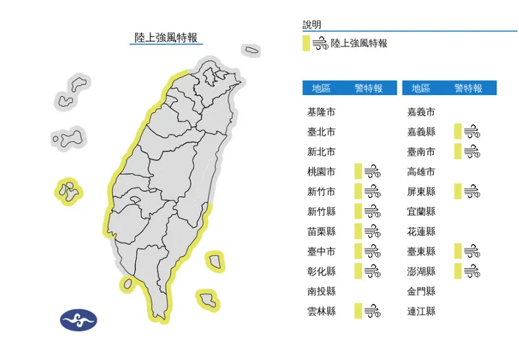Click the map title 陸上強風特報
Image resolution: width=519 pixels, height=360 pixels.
pyautogui.click(x=166, y=37)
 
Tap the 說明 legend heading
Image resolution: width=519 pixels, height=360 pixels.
pyautogui.click(x=312, y=25)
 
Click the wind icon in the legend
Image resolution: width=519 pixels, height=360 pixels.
pyautogui.click(x=320, y=44)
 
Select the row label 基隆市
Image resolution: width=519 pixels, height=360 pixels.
pyautogui.click(x=321, y=112)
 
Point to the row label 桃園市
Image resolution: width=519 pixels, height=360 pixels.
pyautogui.click(x=321, y=172)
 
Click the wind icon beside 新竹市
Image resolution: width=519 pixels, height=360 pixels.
pyautogui.click(x=372, y=192)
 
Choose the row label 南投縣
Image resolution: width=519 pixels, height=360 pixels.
pyautogui.click(x=321, y=291)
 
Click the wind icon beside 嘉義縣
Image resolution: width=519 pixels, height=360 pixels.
pyautogui.click(x=472, y=132)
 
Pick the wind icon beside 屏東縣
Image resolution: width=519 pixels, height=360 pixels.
pyautogui.click(x=472, y=192)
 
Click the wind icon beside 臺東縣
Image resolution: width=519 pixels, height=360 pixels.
pyautogui.click(x=472, y=251)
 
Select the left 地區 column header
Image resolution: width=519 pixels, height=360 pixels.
pyautogui.click(x=321, y=88)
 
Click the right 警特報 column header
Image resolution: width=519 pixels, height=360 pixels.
pyautogui.click(x=468, y=88)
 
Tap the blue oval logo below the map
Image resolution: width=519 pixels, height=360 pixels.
pyautogui.click(x=79, y=319)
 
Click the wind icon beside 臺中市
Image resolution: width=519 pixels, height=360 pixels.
pyautogui.click(x=372, y=251)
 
